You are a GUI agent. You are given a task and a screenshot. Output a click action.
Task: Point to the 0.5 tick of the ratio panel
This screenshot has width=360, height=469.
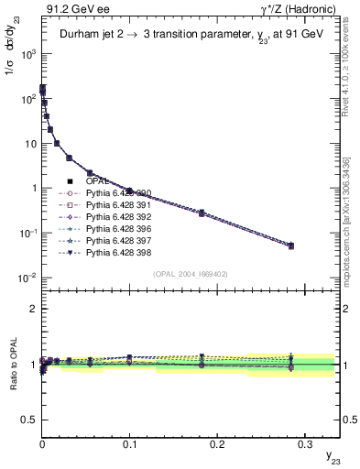[31, 420]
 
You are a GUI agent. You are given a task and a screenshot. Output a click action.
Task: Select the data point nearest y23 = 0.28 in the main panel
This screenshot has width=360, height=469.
[290, 245]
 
